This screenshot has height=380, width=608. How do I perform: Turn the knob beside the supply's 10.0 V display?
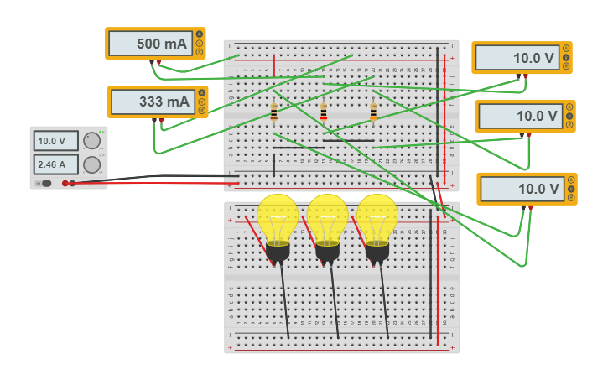(x=91, y=141)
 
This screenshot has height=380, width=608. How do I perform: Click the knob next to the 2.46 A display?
(x=91, y=164)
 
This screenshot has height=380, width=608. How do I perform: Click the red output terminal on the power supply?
(x=72, y=183)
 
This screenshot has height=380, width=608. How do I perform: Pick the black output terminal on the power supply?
(x=65, y=183)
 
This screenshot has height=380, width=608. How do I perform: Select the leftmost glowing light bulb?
(x=278, y=220)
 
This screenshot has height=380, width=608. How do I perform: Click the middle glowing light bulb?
(x=327, y=220)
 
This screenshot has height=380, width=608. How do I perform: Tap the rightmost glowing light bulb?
(x=377, y=220)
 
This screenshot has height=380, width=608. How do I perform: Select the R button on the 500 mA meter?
(x=200, y=52)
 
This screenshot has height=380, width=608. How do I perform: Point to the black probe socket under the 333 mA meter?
(x=154, y=120)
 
